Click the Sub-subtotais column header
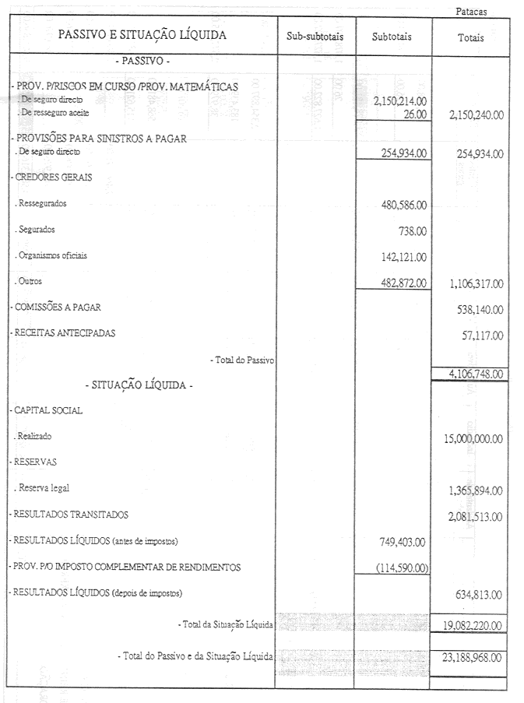316,37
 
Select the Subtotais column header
392,37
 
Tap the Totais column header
471,37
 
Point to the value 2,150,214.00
400,101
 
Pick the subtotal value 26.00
414,114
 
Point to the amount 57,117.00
481,335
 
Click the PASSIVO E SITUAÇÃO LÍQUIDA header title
142,35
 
